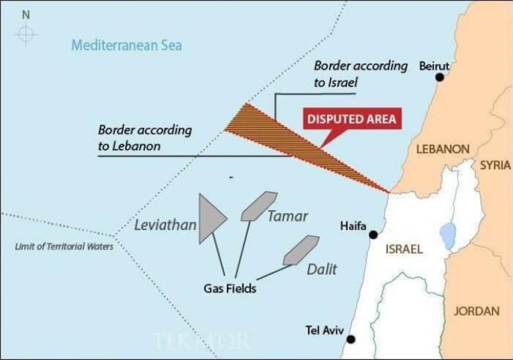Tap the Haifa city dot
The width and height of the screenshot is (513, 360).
click(373, 235)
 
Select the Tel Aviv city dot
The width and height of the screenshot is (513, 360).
click(351, 339)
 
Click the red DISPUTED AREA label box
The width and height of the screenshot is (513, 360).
click(351, 120)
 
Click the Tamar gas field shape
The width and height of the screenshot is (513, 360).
click(259, 206)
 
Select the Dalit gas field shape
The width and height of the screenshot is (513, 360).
click(301, 249)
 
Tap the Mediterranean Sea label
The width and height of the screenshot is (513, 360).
click(127, 45)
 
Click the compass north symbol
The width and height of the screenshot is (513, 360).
click(26, 34)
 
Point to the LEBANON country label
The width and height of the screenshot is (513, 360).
click(442, 149)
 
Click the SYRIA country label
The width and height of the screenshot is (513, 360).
click(494, 165)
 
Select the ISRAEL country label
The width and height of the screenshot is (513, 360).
click(404, 249)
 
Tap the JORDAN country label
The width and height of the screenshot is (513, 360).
click(477, 312)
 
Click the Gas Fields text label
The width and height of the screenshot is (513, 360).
click(230, 288)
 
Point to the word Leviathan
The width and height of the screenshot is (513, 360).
click(165, 225)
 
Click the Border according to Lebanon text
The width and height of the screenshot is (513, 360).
click(145, 138)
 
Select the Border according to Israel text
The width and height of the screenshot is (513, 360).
click(360, 73)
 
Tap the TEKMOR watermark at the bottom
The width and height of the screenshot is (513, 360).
click(202, 341)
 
